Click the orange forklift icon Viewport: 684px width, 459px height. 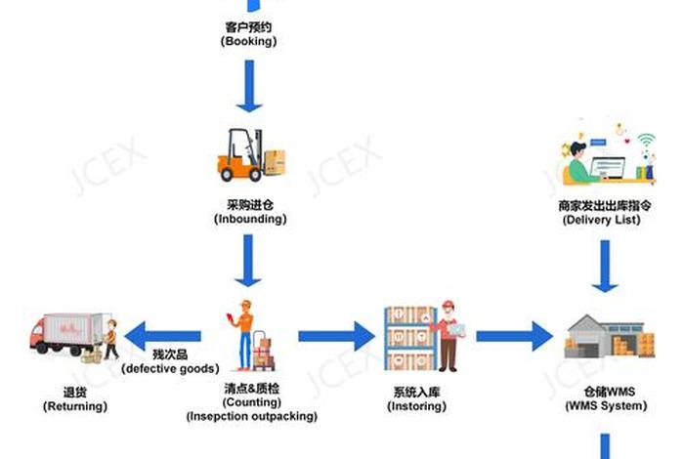tap(250, 155)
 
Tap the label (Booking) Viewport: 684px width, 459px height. tap(249, 42)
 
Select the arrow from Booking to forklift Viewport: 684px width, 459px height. tap(249, 87)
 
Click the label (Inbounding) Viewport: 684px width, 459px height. tap(250, 220)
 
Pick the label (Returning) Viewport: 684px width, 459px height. tap(75, 406)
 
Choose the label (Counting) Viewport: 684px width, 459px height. tap(252, 402)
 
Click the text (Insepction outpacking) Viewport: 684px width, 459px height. tap(252, 416)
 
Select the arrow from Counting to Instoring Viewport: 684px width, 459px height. tap(336, 336)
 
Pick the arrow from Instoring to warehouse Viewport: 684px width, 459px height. tap(514, 336)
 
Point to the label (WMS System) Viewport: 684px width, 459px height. tap(605, 405)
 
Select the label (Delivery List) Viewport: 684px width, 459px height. tap(602, 220)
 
